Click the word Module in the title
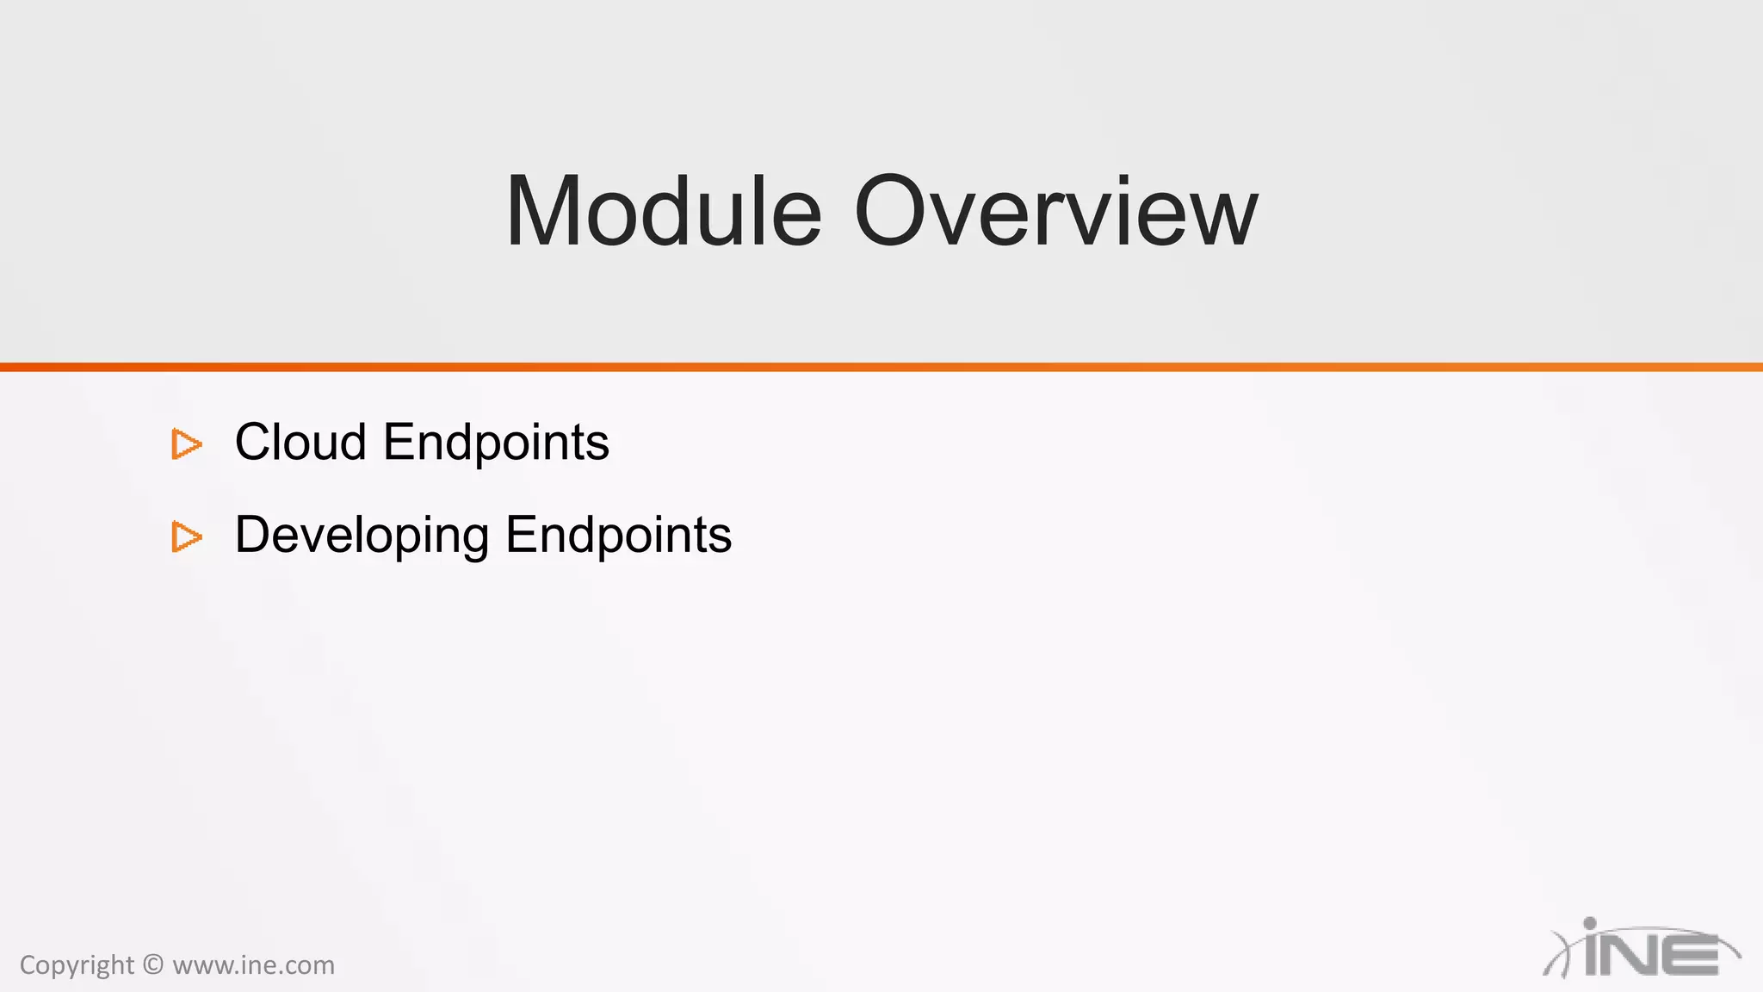click(663, 212)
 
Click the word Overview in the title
click(1055, 212)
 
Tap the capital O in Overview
click(895, 212)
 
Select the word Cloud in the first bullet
click(300, 443)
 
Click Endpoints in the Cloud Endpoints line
click(496, 443)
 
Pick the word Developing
click(362, 536)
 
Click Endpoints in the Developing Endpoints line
click(618, 536)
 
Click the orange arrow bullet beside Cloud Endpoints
click(186, 444)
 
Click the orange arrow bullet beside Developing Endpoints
click(186, 536)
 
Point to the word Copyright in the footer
click(77, 965)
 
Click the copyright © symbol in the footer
click(153, 964)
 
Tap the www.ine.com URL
click(253, 965)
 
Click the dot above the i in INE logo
click(1590, 923)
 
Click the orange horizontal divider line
click(881, 368)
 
